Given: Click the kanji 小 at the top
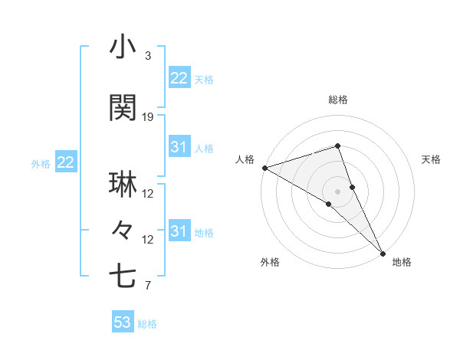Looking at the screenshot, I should [x=123, y=47].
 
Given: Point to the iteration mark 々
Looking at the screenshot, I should [x=123, y=230].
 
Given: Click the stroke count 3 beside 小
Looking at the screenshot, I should [x=147, y=55].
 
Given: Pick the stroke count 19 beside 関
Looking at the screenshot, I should [x=148, y=116].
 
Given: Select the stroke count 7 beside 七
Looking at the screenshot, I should [x=147, y=286].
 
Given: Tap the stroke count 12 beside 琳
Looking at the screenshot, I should [x=148, y=193].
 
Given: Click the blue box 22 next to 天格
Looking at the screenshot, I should [x=179, y=78].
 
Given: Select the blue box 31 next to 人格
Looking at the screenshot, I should [x=179, y=147].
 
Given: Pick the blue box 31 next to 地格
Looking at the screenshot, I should [x=179, y=231].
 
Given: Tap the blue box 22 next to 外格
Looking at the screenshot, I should [x=65, y=162].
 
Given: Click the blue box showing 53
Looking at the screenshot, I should [x=122, y=322].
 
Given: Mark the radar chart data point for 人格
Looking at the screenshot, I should [x=264, y=168].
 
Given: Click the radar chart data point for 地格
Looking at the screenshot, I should [x=382, y=252].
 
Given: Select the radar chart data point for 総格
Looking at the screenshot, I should [x=337, y=146].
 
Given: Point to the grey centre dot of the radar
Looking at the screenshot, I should [x=337, y=190].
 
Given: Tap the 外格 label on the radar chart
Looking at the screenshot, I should [x=270, y=263].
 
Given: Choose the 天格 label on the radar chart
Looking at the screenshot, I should [x=432, y=159].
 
